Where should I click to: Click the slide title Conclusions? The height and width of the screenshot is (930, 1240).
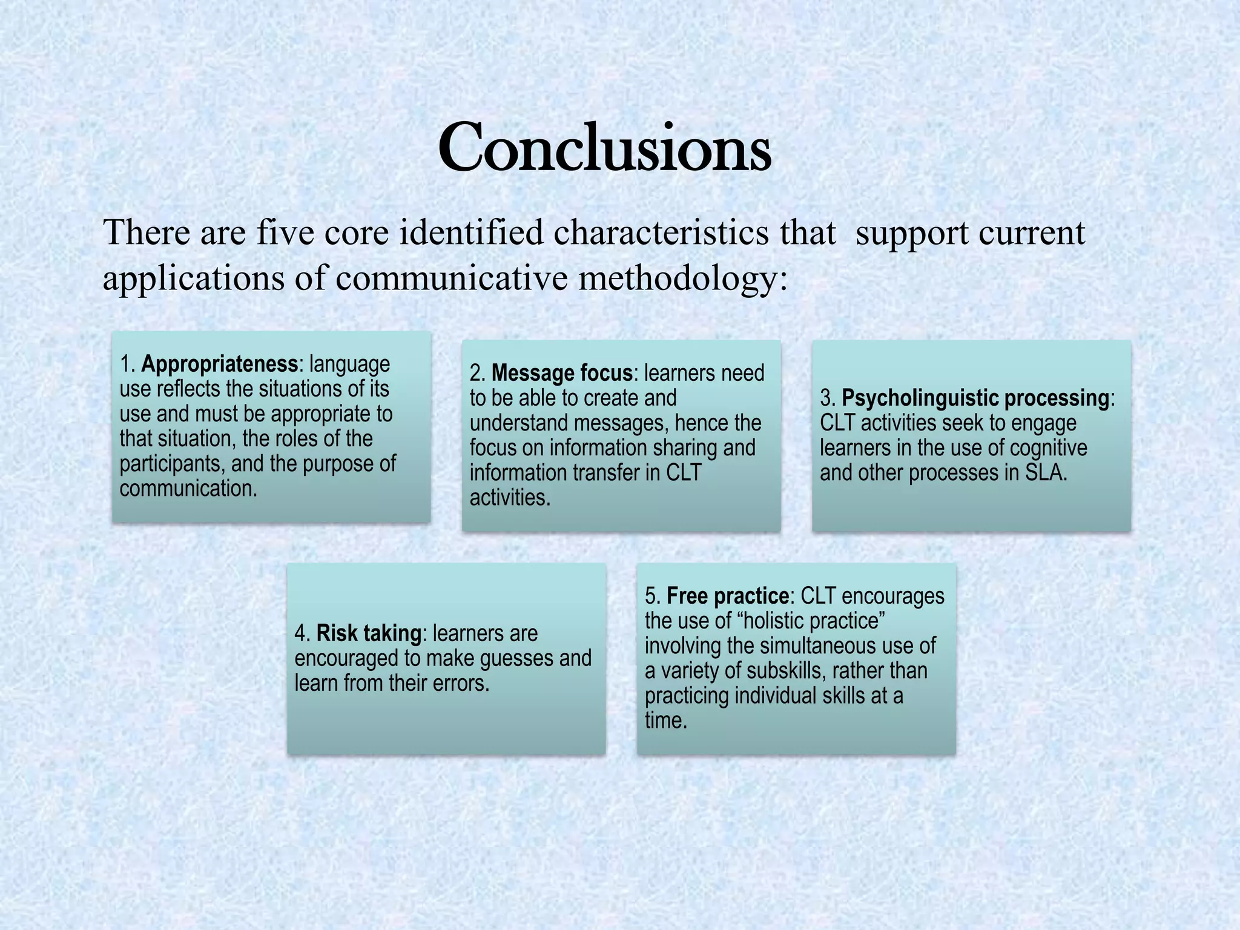[x=604, y=148]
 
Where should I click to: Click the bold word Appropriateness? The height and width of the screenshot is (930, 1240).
[x=219, y=364]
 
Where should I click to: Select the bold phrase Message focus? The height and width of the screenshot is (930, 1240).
[x=562, y=373]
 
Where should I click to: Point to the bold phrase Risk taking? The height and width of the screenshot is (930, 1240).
[x=369, y=633]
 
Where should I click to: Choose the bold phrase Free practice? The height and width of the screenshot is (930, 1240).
[x=728, y=596]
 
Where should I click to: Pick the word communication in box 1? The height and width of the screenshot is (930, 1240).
[x=188, y=489]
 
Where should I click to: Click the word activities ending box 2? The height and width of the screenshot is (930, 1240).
[x=509, y=498]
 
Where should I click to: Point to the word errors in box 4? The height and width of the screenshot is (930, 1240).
[x=460, y=683]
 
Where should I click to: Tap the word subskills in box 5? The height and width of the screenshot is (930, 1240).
[x=784, y=671]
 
